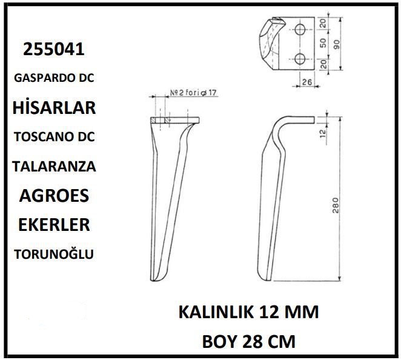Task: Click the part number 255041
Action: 54,49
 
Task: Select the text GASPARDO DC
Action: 54,78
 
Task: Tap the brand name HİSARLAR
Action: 54,107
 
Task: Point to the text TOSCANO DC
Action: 55,137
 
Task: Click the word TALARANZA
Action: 54,167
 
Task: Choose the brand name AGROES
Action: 54,196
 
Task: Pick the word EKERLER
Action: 54,225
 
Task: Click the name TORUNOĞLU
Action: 54,254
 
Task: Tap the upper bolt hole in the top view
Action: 300,30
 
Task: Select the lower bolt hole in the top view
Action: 300,59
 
